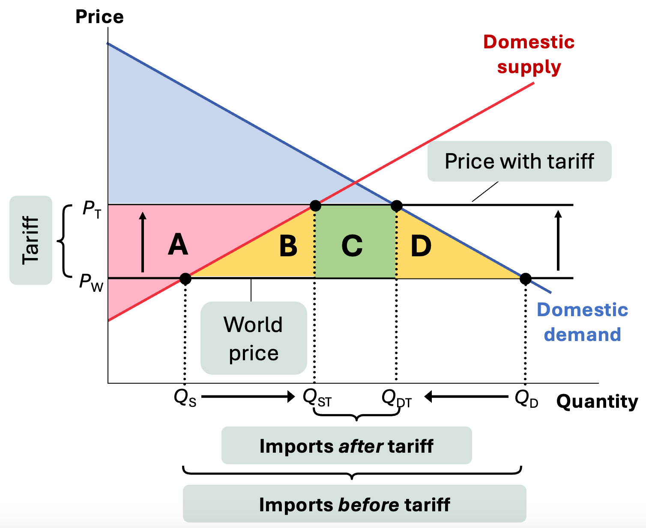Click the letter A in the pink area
point(178,245)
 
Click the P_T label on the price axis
point(92,209)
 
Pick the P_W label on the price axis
point(91,283)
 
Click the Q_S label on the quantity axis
point(185,398)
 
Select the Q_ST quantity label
point(317,398)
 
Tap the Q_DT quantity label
point(396,399)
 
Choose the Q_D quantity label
point(526,399)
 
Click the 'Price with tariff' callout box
point(519,161)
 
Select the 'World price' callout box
point(254,338)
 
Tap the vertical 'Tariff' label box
point(31,240)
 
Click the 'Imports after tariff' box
point(346,445)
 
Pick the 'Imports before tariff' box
point(354,504)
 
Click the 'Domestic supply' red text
point(529,54)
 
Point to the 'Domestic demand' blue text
point(583,322)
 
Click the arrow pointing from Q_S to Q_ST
point(248,397)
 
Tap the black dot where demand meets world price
point(526,279)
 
